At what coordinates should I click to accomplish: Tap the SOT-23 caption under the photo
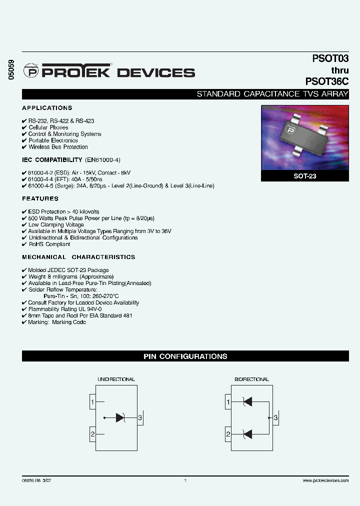(x=304, y=176)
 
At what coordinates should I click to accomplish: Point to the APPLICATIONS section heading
(x=47, y=108)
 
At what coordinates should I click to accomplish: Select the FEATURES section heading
(x=40, y=198)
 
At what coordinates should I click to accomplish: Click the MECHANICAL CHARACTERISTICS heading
(x=78, y=257)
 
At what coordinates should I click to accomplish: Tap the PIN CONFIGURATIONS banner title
(x=185, y=356)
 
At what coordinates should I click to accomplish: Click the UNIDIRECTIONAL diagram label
(x=116, y=379)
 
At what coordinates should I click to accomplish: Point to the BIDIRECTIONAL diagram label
(x=251, y=379)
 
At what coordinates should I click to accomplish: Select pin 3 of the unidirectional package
(x=140, y=417)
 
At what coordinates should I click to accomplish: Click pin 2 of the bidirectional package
(x=228, y=434)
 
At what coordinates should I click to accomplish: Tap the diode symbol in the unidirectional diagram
(x=120, y=417)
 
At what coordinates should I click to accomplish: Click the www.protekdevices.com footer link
(x=325, y=480)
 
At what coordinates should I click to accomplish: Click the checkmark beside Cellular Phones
(x=24, y=127)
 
